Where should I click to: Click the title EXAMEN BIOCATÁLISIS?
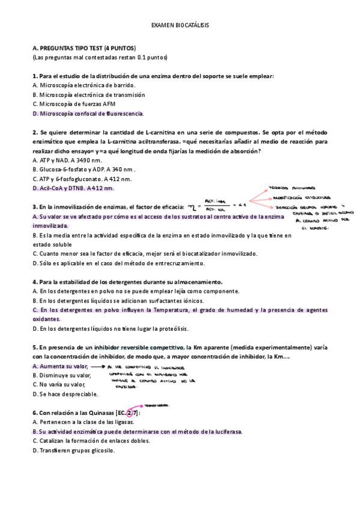(x=180, y=26)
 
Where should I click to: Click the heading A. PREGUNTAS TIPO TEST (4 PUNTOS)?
(x=84, y=48)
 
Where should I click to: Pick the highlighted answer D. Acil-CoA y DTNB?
(x=73, y=188)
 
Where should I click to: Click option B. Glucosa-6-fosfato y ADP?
(x=82, y=170)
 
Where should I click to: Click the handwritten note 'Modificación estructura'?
(x=301, y=197)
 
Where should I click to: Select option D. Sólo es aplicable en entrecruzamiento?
(x=119, y=263)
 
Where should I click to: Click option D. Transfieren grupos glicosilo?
(x=73, y=450)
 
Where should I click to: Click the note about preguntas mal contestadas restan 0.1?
(x=100, y=57)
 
